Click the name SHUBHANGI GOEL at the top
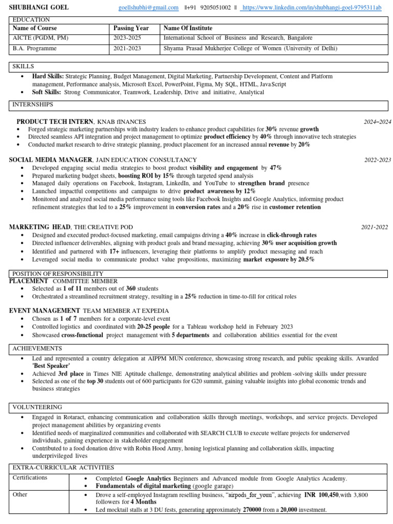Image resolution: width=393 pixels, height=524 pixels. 39,8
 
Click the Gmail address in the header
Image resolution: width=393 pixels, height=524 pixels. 148,8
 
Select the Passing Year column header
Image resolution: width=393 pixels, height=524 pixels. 131,28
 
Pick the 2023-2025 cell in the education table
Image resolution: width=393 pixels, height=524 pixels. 129,38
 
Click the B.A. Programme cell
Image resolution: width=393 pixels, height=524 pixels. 35,49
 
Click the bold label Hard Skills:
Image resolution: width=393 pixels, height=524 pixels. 48,76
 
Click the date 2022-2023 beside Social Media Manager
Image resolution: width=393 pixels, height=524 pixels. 378,160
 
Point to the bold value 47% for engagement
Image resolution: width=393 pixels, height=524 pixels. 276,168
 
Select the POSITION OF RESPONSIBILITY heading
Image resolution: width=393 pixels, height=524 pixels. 58,274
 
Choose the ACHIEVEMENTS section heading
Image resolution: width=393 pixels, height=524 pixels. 37,348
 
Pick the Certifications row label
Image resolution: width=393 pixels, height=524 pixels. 30,477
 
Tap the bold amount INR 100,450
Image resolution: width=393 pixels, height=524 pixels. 321,495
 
